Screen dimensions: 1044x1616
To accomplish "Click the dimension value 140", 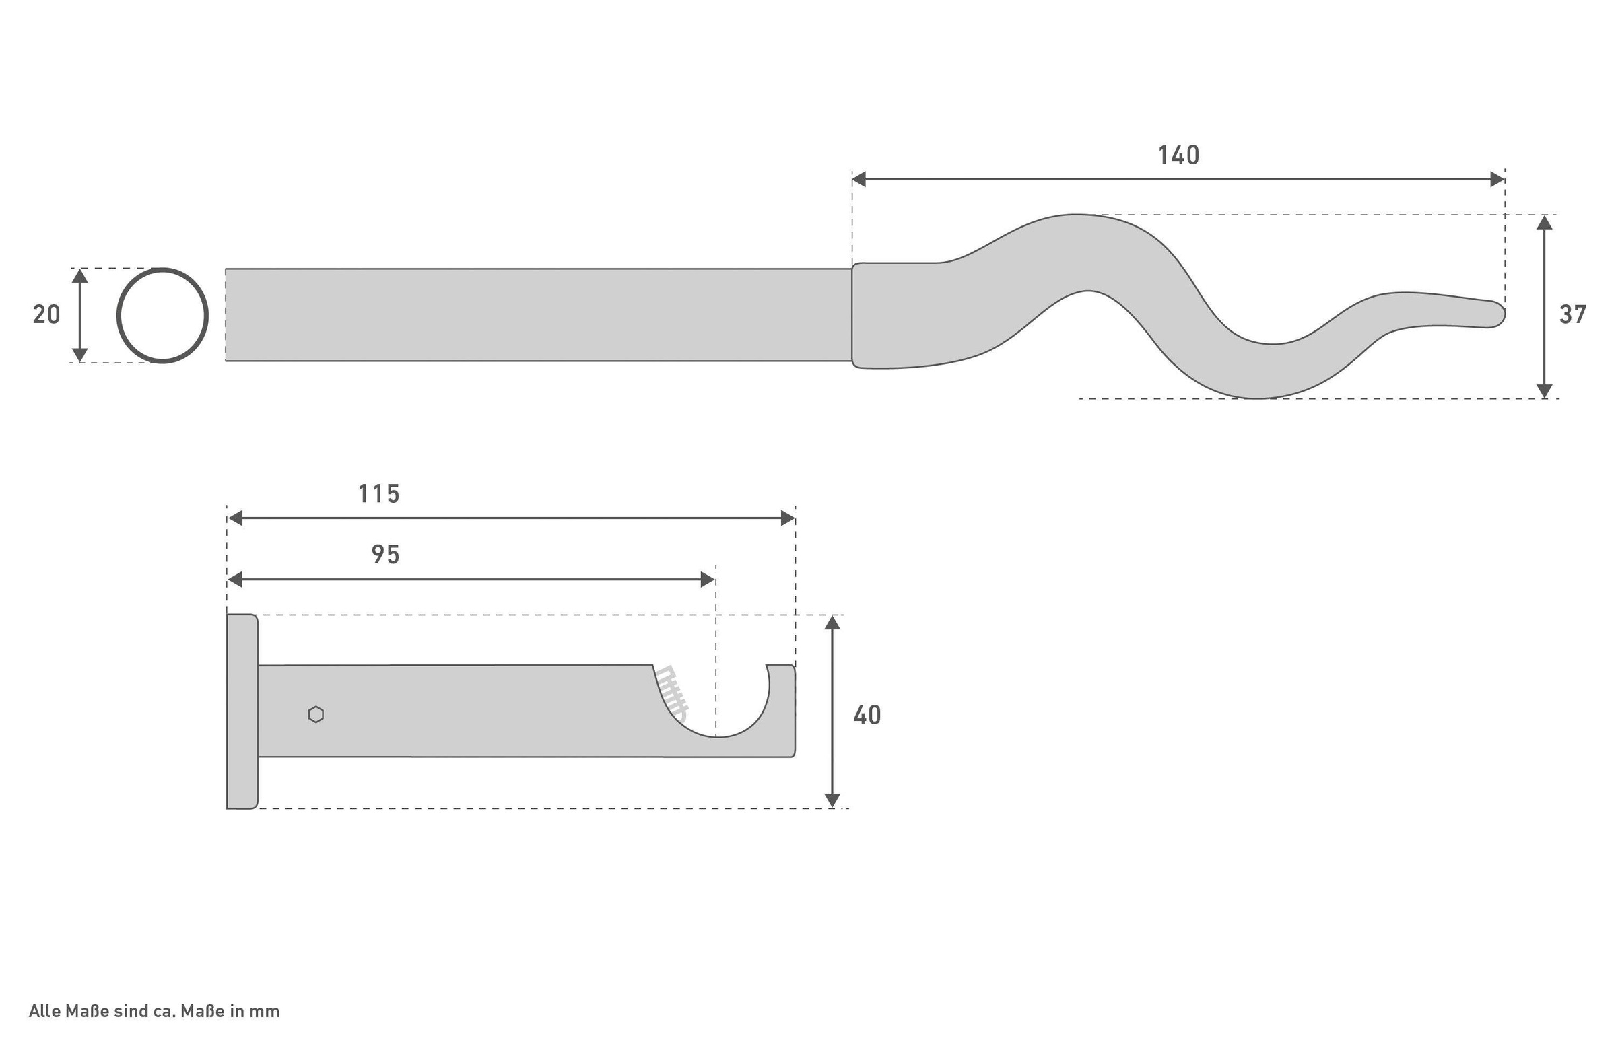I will tap(1178, 156).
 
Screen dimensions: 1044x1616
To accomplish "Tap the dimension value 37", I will tap(1573, 314).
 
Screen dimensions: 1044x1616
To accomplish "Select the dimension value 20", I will tap(46, 314).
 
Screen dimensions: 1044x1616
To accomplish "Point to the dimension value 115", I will tap(379, 494).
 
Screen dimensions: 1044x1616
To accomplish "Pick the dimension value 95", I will tap(386, 555).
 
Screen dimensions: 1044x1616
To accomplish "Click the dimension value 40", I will tap(867, 716).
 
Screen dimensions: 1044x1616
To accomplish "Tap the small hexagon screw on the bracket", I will tap(316, 715).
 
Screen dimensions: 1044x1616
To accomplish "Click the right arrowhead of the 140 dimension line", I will tap(1497, 180).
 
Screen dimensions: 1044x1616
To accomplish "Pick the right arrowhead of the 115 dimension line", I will tap(787, 518).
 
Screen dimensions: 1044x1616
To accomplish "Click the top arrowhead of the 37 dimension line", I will tap(1544, 223).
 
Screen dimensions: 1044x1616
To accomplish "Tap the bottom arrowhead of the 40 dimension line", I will tap(832, 800).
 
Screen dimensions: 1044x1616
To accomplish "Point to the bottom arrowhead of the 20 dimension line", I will tap(80, 355).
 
